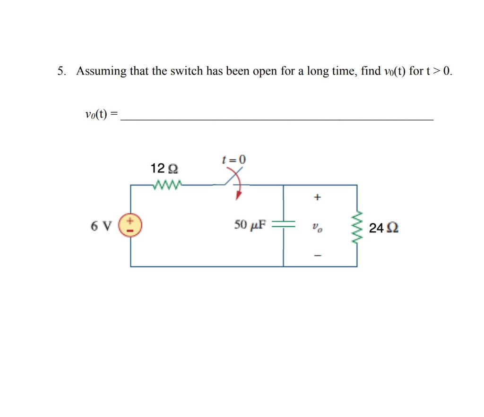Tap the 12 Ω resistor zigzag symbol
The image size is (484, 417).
tap(166, 185)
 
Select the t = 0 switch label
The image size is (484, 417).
tap(234, 160)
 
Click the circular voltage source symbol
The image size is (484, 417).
tap(130, 226)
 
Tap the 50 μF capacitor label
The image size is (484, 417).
tap(250, 224)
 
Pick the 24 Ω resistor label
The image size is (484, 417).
tap(383, 229)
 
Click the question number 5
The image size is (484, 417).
tap(60, 71)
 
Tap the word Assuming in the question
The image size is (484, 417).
tap(101, 71)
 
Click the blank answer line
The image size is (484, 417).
tap(277, 120)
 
